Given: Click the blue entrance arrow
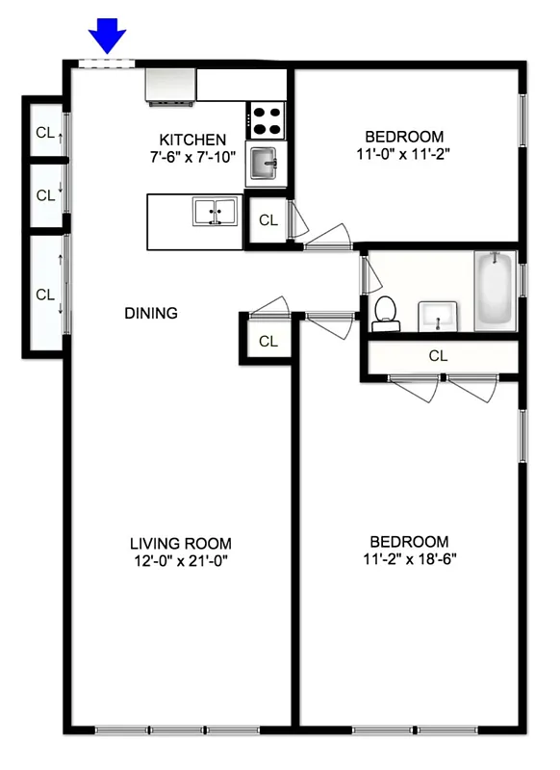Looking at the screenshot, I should click(x=108, y=38).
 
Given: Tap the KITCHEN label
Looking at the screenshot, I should click(x=192, y=140).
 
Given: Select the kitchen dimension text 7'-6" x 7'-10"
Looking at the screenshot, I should click(x=192, y=157).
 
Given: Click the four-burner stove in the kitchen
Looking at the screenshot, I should click(x=267, y=120).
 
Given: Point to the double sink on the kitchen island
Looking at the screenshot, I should click(x=216, y=211).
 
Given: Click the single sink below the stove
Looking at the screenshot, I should click(x=263, y=165).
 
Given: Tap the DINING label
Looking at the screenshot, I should click(x=151, y=313).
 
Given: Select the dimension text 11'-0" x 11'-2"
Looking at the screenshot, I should click(x=403, y=152).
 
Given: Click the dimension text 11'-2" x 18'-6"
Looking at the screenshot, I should click(x=403, y=559).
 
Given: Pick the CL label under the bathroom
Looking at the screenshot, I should click(x=439, y=356).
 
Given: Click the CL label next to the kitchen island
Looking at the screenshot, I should click(x=267, y=220).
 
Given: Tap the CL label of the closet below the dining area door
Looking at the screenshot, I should click(x=267, y=341).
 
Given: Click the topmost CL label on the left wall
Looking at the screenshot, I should click(x=45, y=133).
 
